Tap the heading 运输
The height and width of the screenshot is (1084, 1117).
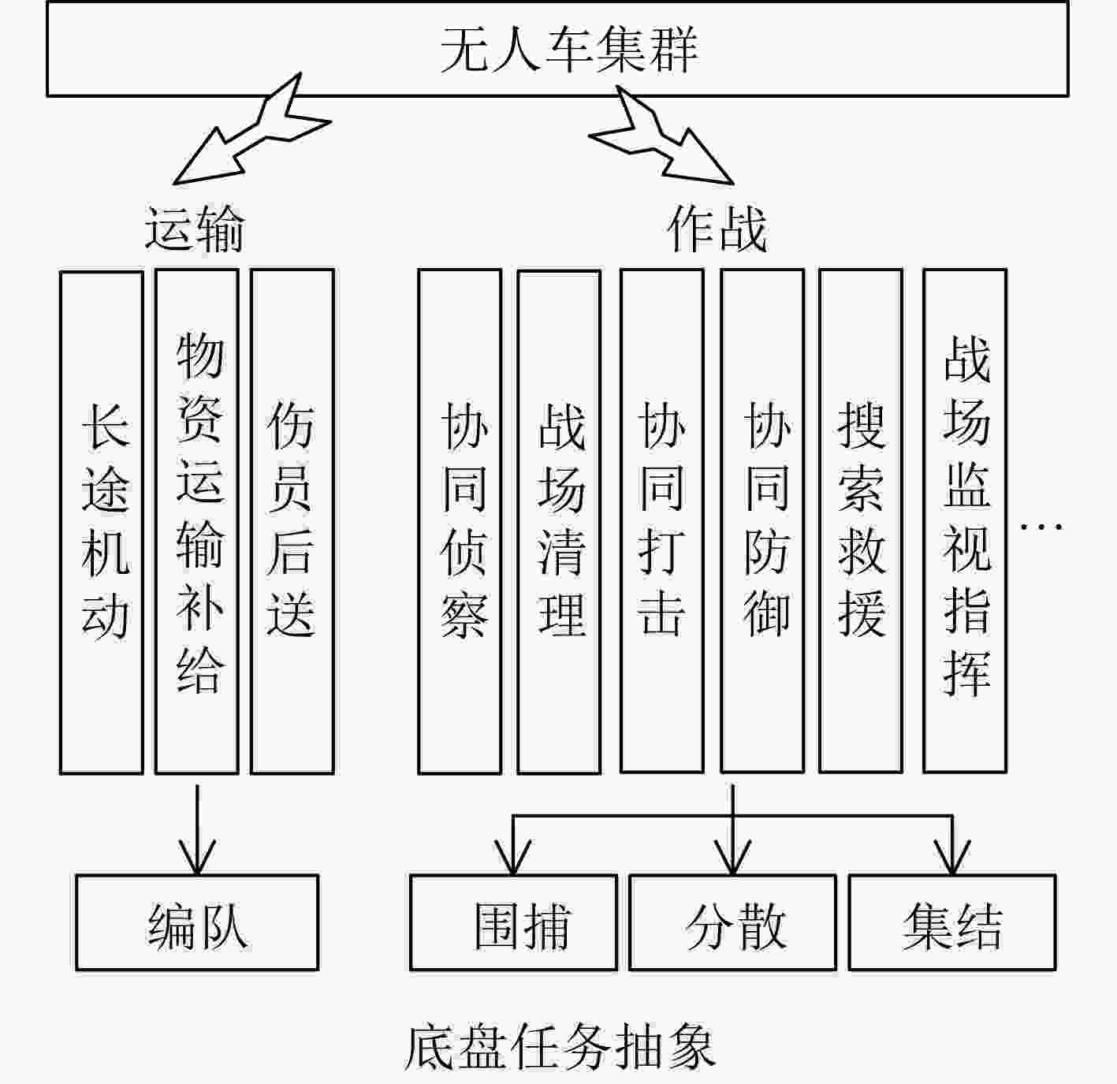194,229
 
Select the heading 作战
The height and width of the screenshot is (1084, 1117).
717,229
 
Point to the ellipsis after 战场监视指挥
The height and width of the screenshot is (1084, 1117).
1041,526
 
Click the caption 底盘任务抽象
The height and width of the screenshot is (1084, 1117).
560,1047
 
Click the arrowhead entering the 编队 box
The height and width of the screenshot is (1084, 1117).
197,859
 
